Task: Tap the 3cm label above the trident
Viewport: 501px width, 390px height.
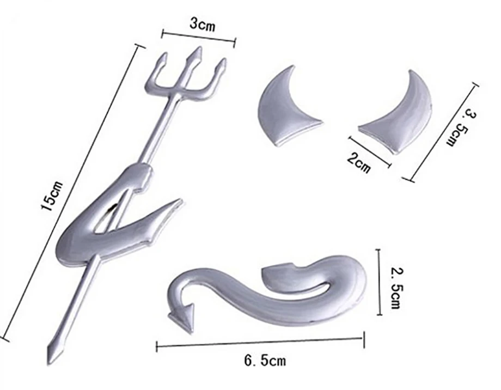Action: [203, 25]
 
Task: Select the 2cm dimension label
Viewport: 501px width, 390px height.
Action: [359, 163]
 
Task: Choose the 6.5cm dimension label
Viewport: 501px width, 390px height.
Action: [265, 361]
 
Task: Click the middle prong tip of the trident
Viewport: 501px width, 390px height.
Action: [200, 48]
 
